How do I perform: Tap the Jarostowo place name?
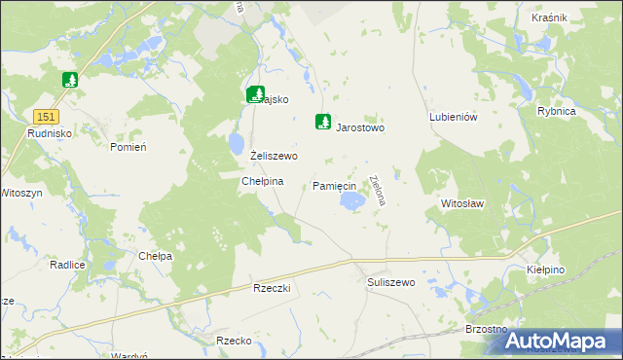361,127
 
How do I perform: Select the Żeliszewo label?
274,156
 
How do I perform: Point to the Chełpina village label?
262,181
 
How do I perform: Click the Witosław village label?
462,204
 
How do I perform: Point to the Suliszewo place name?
391,282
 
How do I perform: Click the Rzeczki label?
273,289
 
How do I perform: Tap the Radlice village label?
67,265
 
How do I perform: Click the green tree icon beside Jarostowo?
321,123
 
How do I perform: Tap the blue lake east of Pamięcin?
355,200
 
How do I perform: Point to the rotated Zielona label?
378,190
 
